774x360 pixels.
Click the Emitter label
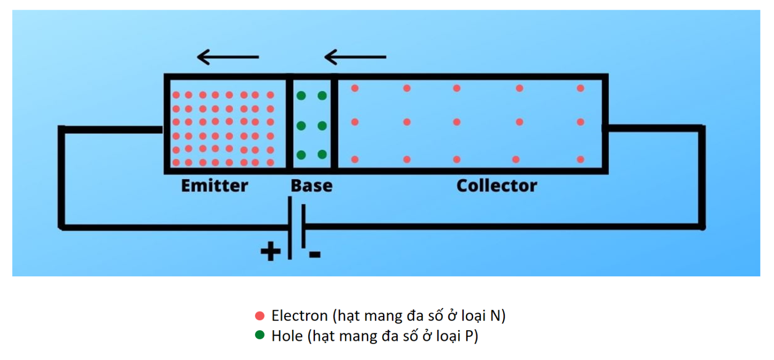point(214,186)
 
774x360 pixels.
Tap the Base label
point(311,186)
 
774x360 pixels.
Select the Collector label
point(496,186)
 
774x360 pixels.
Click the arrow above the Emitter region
point(227,57)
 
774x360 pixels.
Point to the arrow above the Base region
point(355,57)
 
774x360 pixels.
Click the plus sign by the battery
point(271,251)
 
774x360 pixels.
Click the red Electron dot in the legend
point(260,316)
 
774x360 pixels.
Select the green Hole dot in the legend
point(260,335)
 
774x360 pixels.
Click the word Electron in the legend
point(299,316)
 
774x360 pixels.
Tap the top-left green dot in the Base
point(301,95)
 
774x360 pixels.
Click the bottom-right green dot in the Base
point(322,154)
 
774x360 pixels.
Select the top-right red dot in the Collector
point(580,88)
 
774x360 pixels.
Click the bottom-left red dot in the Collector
point(355,159)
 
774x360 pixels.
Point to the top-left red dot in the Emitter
point(176,95)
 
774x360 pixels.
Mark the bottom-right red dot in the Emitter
point(270,162)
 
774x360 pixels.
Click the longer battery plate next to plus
point(290,228)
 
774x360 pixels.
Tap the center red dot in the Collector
point(457,122)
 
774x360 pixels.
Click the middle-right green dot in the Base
point(322,125)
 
